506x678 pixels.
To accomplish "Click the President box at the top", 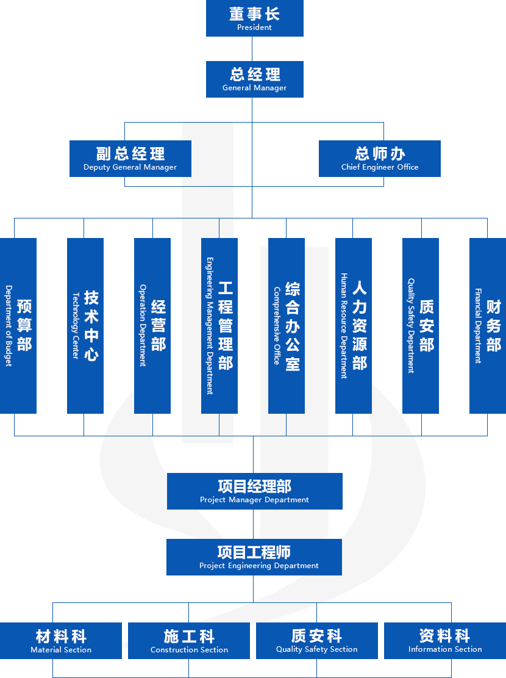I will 254,18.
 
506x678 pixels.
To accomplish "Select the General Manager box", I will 254,79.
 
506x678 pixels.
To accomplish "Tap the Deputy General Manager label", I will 130,167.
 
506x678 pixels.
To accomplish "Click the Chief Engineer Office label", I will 380,167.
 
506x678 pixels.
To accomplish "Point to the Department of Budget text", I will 9,326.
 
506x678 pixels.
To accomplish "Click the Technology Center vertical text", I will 76,326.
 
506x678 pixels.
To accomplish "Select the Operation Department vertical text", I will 143,326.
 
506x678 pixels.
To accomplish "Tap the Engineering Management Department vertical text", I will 210,326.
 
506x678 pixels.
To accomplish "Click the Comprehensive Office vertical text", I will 277,326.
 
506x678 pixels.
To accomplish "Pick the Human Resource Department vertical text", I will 344,326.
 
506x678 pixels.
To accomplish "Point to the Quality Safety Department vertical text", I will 411,326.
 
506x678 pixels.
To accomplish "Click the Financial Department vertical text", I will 478,326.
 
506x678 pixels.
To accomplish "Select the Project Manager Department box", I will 254,491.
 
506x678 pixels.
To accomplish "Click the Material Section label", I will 61,650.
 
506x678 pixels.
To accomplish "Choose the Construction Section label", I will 189,650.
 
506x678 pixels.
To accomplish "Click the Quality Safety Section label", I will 316,649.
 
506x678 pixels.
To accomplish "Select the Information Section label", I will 445,649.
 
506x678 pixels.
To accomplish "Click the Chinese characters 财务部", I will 493,326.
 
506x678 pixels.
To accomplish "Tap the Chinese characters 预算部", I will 24,326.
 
